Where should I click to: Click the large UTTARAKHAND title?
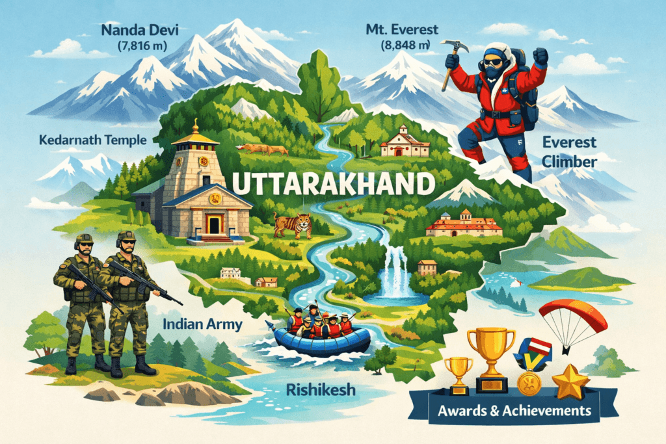click(x=332, y=183)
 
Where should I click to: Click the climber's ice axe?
click(x=450, y=62)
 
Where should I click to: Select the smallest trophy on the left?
click(x=458, y=372)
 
